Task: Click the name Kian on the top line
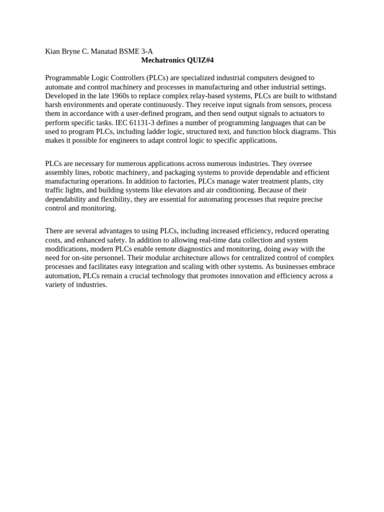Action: [x=52, y=51]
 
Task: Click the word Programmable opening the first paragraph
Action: [x=67, y=78]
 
